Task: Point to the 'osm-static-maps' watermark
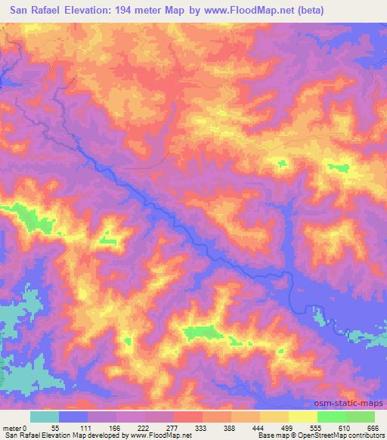click(x=348, y=403)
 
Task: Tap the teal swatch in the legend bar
click(x=45, y=417)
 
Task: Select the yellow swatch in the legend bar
click(x=303, y=417)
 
